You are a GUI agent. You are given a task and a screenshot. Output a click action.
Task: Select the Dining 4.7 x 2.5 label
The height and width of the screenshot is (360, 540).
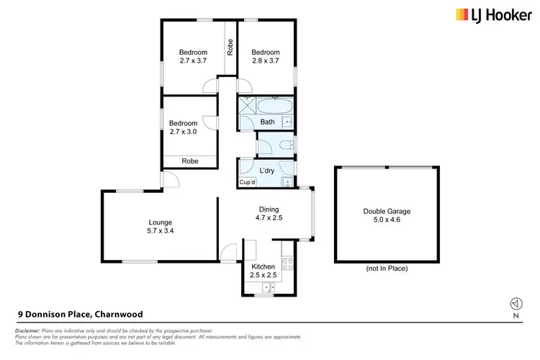pos(267,214)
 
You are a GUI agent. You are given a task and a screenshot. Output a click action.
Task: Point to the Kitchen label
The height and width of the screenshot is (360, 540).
pos(263,271)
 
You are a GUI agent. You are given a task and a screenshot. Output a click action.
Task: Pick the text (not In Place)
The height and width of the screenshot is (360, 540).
pos(387,269)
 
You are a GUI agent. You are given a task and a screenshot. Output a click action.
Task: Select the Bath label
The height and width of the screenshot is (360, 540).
pos(267,122)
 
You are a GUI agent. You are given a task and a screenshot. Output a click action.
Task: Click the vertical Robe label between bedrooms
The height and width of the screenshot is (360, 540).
pos(230,48)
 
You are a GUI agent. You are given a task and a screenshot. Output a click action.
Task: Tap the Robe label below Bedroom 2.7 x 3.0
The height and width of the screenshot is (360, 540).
pos(190,161)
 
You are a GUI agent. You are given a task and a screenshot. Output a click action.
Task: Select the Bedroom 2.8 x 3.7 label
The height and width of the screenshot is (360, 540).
pos(265,56)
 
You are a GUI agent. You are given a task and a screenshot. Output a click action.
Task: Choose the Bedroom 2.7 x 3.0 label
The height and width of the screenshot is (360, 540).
pos(183,127)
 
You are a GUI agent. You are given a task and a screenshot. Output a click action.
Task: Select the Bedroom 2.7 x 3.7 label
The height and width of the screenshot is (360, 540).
pos(193,56)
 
